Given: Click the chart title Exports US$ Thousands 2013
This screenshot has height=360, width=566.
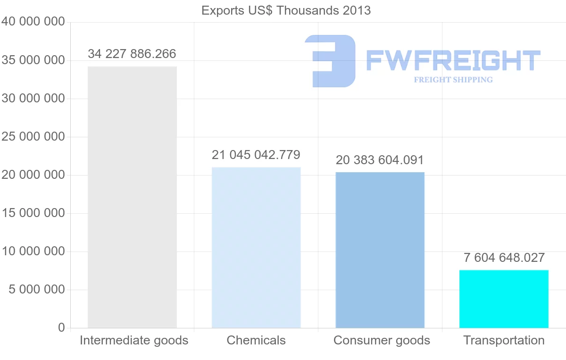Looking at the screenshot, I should tap(286, 10).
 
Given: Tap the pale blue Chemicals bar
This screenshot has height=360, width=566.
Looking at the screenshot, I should tap(256, 248).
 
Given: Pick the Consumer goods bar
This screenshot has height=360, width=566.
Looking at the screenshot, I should tap(380, 250).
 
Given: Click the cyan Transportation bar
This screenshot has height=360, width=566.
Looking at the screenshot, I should tap(504, 299).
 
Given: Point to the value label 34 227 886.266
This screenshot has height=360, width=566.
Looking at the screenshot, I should tap(132, 54).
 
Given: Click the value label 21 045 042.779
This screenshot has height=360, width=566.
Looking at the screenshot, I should tap(256, 155).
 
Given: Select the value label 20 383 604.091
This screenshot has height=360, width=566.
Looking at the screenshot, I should tap(380, 160).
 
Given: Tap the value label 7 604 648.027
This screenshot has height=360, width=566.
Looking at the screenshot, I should tap(504, 258).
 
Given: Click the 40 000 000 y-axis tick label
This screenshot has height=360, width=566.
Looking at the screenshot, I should tap(33, 22).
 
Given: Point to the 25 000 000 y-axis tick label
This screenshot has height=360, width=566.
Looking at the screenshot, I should tap(33, 137).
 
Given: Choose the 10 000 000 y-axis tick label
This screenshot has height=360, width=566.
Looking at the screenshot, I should tap(33, 251).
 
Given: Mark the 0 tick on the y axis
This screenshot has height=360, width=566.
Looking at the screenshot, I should tap(61, 327).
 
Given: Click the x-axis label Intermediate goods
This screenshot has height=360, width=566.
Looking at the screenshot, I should tap(134, 340).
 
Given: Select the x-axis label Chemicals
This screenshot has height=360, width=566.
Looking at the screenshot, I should tap(256, 340).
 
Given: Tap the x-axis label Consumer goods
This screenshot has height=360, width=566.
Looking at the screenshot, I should tap(382, 340).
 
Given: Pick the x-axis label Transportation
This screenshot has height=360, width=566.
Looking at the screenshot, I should tap(504, 340).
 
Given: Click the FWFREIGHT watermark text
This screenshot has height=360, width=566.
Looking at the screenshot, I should tap(453, 60).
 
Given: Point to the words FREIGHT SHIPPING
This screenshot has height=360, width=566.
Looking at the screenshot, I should tap(453, 80).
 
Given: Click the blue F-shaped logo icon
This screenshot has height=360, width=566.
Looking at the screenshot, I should tap(330, 60).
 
